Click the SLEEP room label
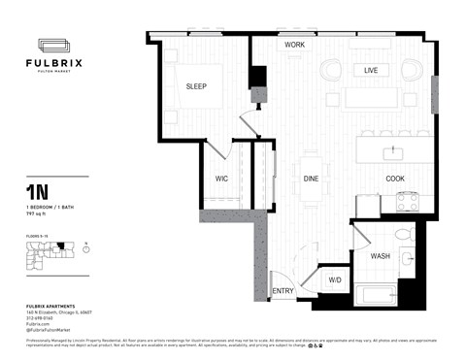pyautogui.click(x=197, y=86)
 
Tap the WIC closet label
pyautogui.click(x=221, y=179)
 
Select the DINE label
pyautogui.click(x=311, y=179)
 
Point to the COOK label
pyautogui.click(x=395, y=179)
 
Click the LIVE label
pyautogui.click(x=371, y=71)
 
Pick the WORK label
pyautogui.click(x=295, y=46)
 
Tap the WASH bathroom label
pyautogui.click(x=381, y=255)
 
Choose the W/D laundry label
pyautogui.click(x=335, y=279)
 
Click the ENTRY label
pyautogui.click(x=283, y=291)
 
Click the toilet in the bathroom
pyautogui.click(x=406, y=237)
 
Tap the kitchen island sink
pyautogui.click(x=395, y=152)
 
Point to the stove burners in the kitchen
pyautogui.click(x=407, y=202)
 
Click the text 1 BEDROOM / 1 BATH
pyautogui.click(x=50, y=208)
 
